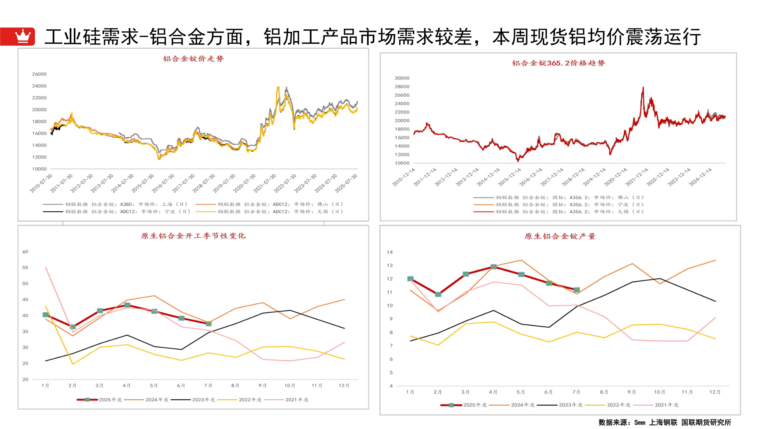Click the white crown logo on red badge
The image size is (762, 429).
pyautogui.click(x=23, y=36)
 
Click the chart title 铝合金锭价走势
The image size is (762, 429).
pyautogui.click(x=193, y=59)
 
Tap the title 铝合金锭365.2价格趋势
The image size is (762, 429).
pyautogui.click(x=558, y=63)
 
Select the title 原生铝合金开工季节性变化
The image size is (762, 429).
pyautogui.click(x=193, y=236)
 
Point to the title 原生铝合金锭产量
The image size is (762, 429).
pyautogui.click(x=560, y=236)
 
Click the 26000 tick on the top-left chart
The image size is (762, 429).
pyautogui.click(x=39, y=74)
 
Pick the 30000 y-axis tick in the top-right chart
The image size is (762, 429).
pyautogui.click(x=402, y=78)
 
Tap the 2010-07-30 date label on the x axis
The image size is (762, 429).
pyautogui.click(x=41, y=183)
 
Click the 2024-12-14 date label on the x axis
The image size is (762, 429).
pyautogui.click(x=700, y=177)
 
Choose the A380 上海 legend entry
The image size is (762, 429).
pyautogui.click(x=115, y=205)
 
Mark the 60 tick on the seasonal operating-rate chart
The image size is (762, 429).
pyautogui.click(x=25, y=252)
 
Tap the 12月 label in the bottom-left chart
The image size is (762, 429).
pyautogui.click(x=344, y=386)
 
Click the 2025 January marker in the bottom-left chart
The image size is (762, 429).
pyautogui.click(x=46, y=315)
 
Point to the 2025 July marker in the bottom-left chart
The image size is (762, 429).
pyautogui.click(x=209, y=324)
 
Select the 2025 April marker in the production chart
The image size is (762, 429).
pyautogui.click(x=493, y=267)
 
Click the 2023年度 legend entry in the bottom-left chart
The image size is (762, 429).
pyautogui.click(x=193, y=400)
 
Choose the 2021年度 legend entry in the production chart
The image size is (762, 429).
pyautogui.click(x=656, y=405)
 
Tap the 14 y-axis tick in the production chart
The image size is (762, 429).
pyautogui.click(x=390, y=252)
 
